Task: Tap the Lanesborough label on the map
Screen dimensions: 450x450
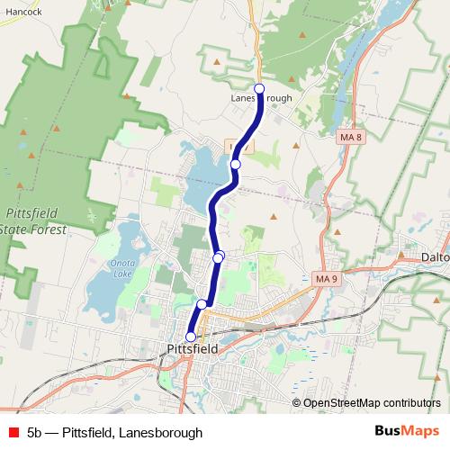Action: click(x=261, y=98)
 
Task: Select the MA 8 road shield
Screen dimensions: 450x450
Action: click(x=351, y=137)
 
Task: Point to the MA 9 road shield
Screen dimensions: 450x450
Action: click(x=326, y=278)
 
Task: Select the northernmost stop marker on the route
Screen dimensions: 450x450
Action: click(x=260, y=88)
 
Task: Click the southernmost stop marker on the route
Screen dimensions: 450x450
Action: click(x=190, y=337)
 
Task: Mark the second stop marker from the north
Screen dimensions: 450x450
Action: click(x=236, y=165)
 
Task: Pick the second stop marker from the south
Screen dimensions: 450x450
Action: click(x=202, y=304)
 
